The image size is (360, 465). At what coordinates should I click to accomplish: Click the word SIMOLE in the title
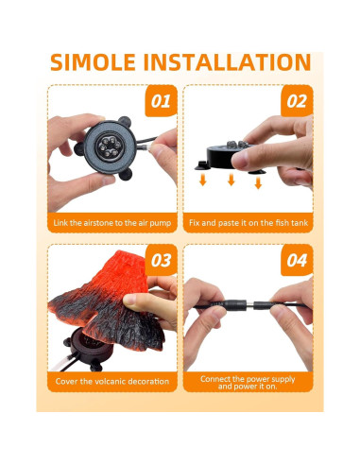[x=93, y=62]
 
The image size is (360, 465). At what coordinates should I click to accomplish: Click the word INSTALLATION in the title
[x=228, y=62]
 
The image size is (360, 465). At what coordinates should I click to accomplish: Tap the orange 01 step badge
[x=161, y=101]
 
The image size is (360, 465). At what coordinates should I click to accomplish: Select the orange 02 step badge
[x=297, y=101]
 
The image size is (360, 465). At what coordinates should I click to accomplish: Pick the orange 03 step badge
[x=161, y=260]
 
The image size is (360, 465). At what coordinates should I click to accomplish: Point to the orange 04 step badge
[x=297, y=260]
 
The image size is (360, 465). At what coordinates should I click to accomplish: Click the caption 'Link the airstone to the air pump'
[x=112, y=223]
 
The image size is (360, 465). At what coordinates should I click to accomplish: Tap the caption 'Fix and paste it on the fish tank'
[x=249, y=223]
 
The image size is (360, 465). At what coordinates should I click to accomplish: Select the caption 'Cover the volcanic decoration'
[x=112, y=382]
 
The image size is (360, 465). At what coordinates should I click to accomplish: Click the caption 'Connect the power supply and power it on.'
[x=248, y=383]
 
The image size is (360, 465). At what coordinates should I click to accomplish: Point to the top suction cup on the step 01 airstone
[x=125, y=121]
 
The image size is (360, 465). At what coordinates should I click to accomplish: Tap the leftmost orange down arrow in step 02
[x=203, y=181]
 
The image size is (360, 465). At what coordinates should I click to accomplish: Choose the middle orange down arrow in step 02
[x=231, y=180]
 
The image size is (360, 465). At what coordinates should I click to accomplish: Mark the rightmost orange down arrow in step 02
[x=258, y=183]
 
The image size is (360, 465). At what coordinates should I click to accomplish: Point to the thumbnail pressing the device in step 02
[x=239, y=161]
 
